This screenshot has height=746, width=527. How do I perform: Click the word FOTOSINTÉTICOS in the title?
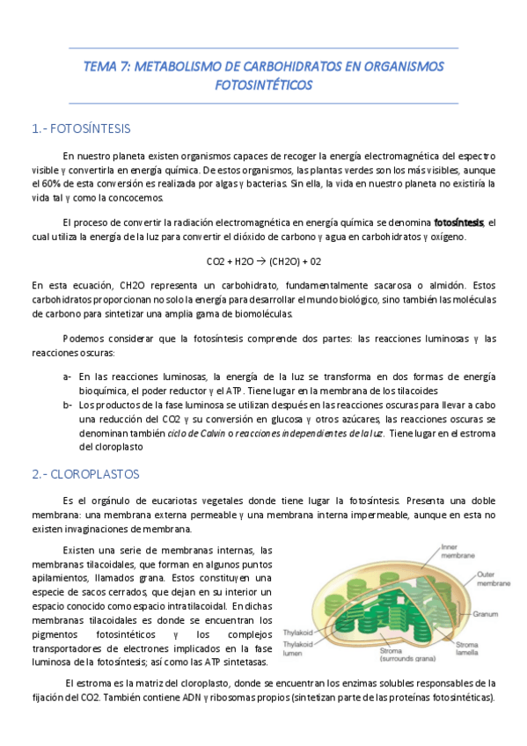tap(263, 85)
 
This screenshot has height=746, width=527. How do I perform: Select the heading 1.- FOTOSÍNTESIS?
tap(80, 128)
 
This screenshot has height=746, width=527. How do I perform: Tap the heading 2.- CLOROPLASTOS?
tap(84, 473)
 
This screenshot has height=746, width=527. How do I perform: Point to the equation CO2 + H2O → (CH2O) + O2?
tap(263, 262)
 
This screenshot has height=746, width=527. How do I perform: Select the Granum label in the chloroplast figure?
tap(486, 614)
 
